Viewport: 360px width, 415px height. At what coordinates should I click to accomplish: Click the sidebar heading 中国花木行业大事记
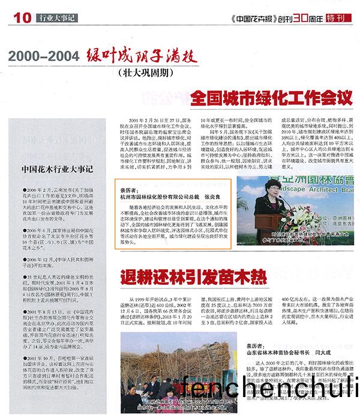click(x=56, y=169)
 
